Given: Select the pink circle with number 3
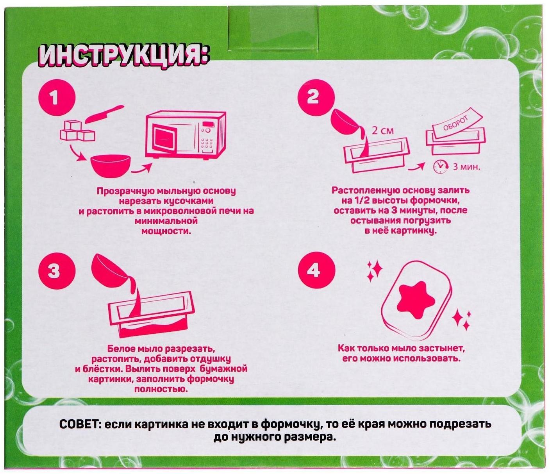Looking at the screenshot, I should tap(54, 271).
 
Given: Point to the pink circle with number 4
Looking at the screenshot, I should tap(314, 270).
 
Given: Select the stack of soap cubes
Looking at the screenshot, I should tap(77, 131).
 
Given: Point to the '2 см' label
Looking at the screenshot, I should tap(382, 131).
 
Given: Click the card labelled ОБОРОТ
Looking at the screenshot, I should tap(457, 124).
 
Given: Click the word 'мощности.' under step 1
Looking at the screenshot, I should tap(166, 231).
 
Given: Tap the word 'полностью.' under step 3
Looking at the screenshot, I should tap(161, 389).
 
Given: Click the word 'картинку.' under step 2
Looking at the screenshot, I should tap(418, 231).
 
